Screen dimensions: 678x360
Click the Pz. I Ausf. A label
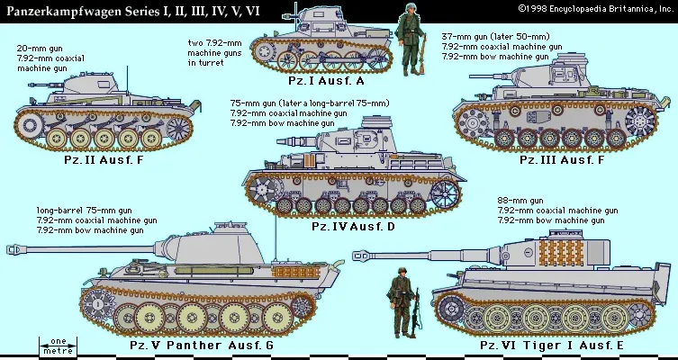[327, 81]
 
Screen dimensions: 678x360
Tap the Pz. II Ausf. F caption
[104, 159]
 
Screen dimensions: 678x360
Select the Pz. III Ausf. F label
[562, 159]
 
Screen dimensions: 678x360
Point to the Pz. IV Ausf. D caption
[353, 227]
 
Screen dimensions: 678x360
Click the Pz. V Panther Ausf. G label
[202, 345]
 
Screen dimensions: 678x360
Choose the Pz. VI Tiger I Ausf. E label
[552, 346]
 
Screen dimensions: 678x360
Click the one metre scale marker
[58, 346]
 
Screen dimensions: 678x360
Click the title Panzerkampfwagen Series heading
[133, 11]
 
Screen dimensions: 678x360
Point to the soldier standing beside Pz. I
[410, 39]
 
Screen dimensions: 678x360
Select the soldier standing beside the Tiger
[402, 302]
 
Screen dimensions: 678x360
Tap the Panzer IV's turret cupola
[376, 121]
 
